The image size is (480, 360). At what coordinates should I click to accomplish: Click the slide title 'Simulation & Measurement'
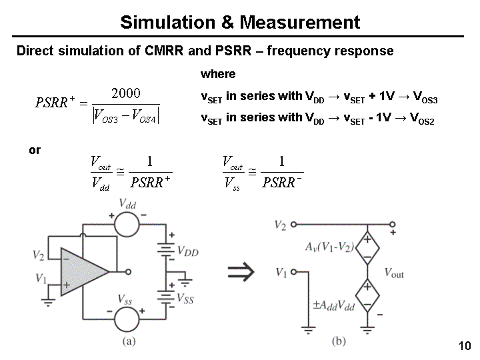[240, 23]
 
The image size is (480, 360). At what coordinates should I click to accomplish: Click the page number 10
[465, 345]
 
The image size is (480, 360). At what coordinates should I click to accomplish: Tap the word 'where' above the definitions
[218, 74]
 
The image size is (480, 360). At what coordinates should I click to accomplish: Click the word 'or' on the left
[35, 151]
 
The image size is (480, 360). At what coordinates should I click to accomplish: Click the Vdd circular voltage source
[127, 225]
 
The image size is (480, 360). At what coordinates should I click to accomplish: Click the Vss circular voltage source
[127, 317]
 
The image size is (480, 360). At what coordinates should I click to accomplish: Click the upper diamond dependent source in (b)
[367, 248]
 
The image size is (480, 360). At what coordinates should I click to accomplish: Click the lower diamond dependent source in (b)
[367, 296]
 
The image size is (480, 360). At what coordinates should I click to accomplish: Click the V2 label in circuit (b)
[281, 225]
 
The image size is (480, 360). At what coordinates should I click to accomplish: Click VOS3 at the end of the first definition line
[425, 97]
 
